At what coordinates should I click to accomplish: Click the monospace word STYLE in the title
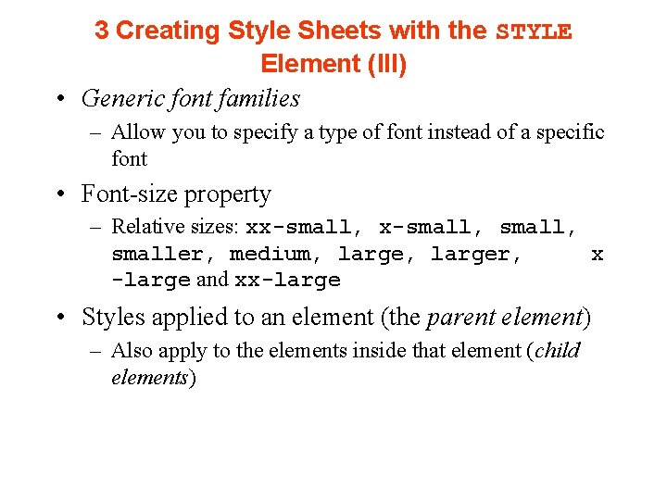[x=535, y=31]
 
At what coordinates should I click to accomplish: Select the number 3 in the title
[x=101, y=31]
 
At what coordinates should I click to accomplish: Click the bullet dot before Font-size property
[x=60, y=195]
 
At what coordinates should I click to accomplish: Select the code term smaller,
[x=164, y=254]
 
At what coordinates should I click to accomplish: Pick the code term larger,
[x=476, y=254]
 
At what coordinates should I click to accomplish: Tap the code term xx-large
[x=288, y=280]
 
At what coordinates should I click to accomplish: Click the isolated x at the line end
[x=598, y=254]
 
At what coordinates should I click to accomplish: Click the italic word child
[x=559, y=351]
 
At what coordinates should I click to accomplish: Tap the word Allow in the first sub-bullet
[x=139, y=132]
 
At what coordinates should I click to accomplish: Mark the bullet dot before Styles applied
[x=60, y=319]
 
